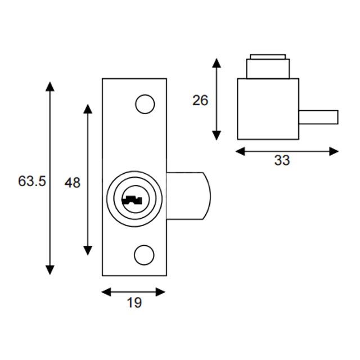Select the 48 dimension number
tap(73, 182)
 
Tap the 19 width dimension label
tap(134, 304)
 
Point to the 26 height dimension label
tap(200, 100)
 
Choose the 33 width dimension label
tap(282, 160)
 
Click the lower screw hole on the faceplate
tap(145, 255)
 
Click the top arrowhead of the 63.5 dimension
tap(50, 86)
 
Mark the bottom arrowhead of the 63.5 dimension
tap(50, 269)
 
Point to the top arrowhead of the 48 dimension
tap(88, 109)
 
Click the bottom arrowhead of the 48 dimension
tap(88, 250)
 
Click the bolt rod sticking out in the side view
tap(318, 117)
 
